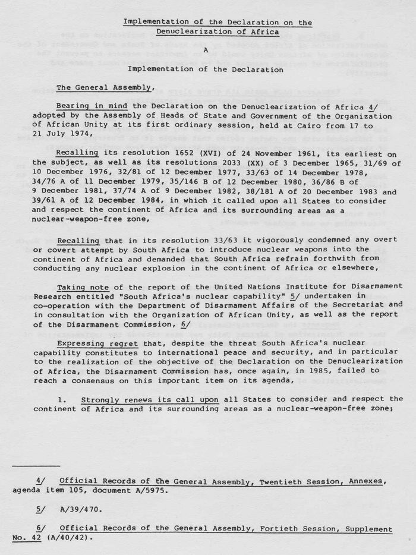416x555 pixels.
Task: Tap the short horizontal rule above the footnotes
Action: click(36, 466)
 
